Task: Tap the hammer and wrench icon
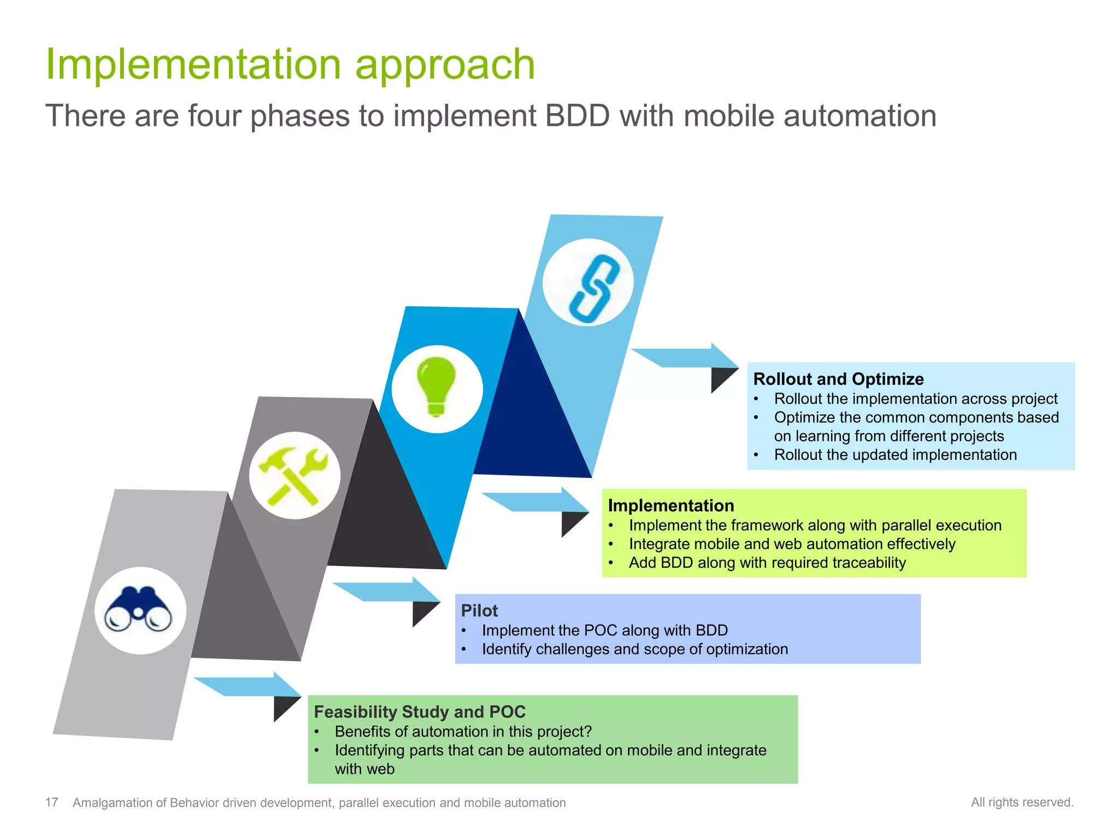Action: [x=294, y=475]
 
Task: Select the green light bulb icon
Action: [x=436, y=386]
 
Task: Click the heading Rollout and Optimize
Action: [x=838, y=378]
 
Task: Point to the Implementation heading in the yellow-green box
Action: [x=670, y=505]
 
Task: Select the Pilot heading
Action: [x=479, y=610]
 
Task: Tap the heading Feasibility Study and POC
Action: [x=419, y=711]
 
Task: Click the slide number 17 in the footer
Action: [x=51, y=802]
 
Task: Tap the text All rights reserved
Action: [x=1022, y=802]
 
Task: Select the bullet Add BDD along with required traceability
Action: [x=767, y=562]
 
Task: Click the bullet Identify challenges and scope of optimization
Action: [x=634, y=649]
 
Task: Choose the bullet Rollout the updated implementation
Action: [x=895, y=454]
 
